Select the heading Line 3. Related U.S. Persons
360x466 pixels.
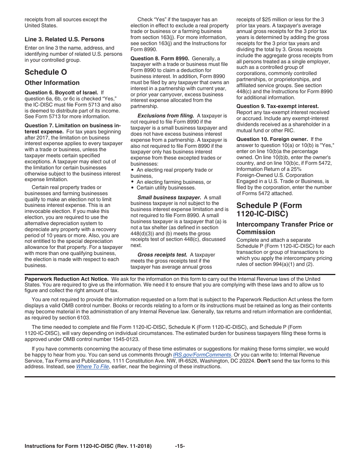tap(64, 39)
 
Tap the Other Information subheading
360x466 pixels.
tap(52, 83)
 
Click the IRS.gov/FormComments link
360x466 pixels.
tap(202, 355)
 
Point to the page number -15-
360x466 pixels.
tap(180, 446)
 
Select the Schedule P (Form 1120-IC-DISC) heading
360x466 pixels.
tap(269, 210)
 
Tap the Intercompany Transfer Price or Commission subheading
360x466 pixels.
tap(285, 228)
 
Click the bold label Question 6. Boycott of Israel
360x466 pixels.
tap(61, 92)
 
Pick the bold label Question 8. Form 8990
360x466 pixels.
tap(160, 58)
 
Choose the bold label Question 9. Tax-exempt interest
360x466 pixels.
tap(277, 106)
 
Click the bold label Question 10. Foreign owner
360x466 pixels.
tap(272, 139)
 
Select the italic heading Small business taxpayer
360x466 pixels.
tap(169, 197)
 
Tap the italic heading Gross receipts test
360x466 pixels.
tap(162, 255)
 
